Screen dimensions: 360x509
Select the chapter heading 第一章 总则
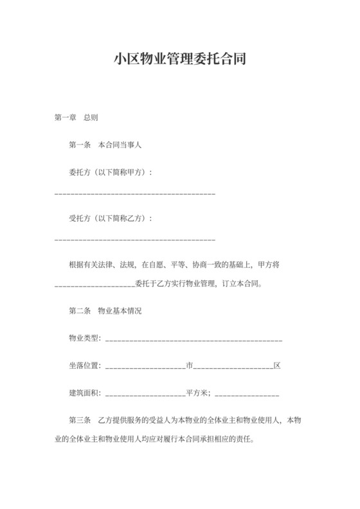pyautogui.click(x=76, y=118)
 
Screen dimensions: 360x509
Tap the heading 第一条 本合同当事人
pyautogui.click(x=105, y=145)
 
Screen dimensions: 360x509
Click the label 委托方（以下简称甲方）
pyautogui.click(x=110, y=173)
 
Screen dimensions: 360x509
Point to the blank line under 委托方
pyautogui.click(x=135, y=193)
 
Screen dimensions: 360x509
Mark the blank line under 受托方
pyautogui.click(x=135, y=239)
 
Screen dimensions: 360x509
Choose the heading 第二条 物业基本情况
pyautogui.click(x=105, y=311)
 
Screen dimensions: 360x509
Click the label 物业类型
pyautogui.click(x=84, y=339)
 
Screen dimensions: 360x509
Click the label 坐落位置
pyautogui.click(x=84, y=366)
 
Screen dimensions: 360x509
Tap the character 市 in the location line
pyautogui.click(x=190, y=366)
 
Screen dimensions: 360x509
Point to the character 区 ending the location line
pyautogui.click(x=277, y=366)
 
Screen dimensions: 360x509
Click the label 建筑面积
pyautogui.click(x=84, y=393)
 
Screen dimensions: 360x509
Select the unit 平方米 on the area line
pyautogui.click(x=197, y=393)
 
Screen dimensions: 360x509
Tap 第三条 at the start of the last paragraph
pyautogui.click(x=80, y=420)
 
